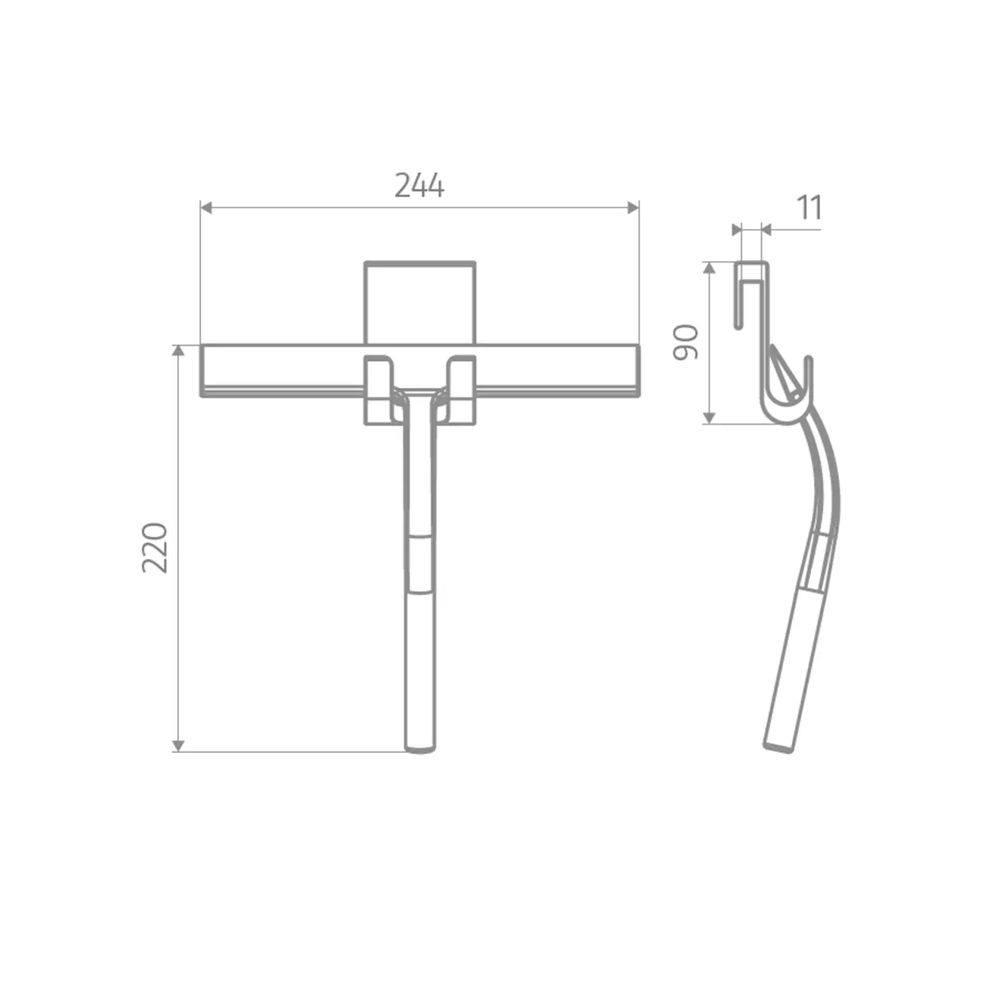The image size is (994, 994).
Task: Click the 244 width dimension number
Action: [x=419, y=185]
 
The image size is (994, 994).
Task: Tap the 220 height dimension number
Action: [x=155, y=547]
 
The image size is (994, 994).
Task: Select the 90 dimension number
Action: [x=685, y=342]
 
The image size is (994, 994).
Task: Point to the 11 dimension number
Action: [x=809, y=208]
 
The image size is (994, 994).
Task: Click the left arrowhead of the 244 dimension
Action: [x=206, y=208]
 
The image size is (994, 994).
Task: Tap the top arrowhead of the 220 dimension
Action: [x=179, y=351]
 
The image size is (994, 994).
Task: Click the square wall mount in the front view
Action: [x=420, y=302]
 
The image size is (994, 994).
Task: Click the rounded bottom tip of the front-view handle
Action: [x=419, y=747]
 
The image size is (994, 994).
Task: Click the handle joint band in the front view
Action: [x=419, y=564]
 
